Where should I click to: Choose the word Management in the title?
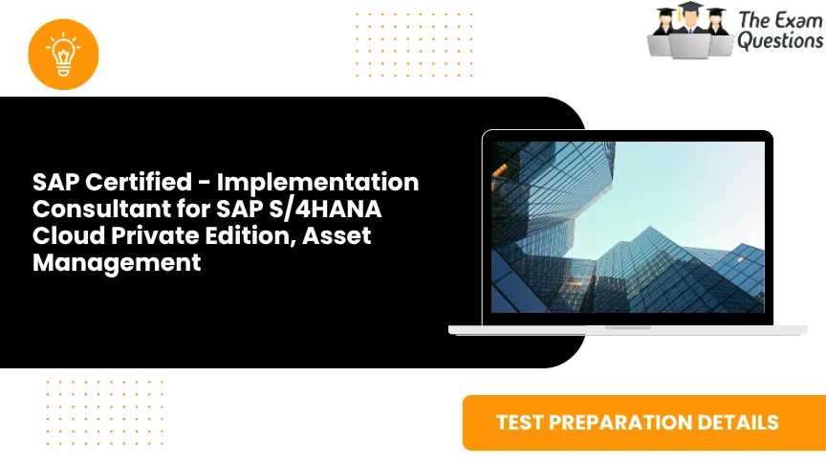coord(117,262)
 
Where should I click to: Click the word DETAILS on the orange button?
coord(745,422)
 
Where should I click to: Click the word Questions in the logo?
coord(779,40)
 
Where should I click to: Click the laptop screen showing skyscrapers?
coord(628,229)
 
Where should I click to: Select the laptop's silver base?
coord(628,329)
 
